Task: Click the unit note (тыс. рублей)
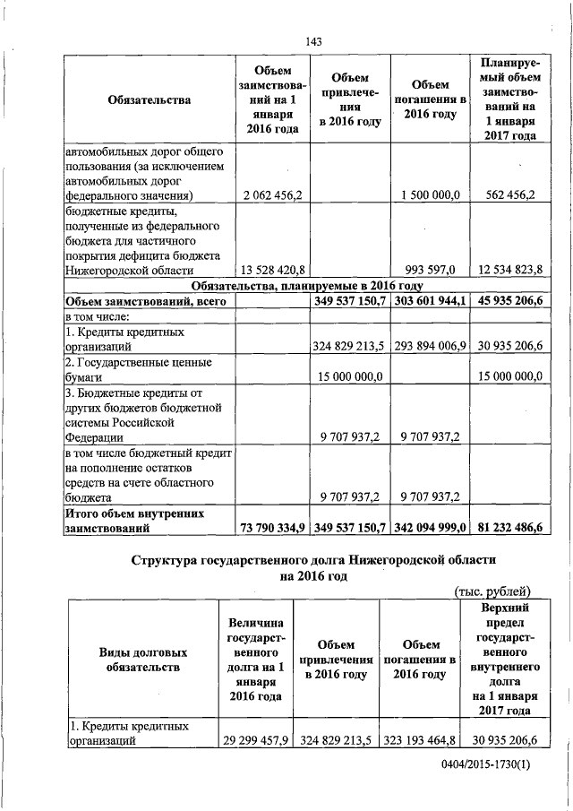494,591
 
